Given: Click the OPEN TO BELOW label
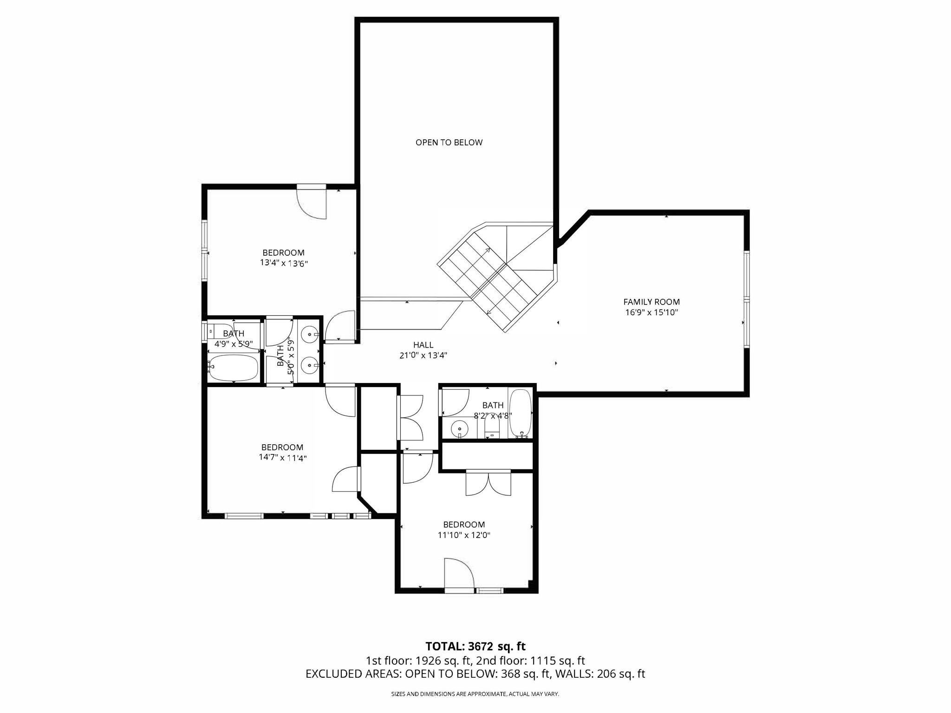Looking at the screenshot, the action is click(449, 143).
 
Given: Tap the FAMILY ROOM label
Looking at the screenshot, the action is click(651, 302).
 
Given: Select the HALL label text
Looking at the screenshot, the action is click(423, 345).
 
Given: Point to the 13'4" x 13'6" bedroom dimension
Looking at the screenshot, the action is click(284, 263).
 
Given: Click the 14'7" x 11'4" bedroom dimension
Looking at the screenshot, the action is click(283, 458).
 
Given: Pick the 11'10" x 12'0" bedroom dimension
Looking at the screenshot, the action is click(464, 535).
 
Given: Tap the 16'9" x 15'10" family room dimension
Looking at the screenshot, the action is click(651, 312).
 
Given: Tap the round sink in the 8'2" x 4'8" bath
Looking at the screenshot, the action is click(459, 427).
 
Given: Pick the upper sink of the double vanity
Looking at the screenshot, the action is click(310, 334).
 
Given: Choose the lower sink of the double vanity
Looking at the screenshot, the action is click(310, 366).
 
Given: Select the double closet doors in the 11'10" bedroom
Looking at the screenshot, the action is click(488, 483).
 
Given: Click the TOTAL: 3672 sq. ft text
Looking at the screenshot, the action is click(475, 646).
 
